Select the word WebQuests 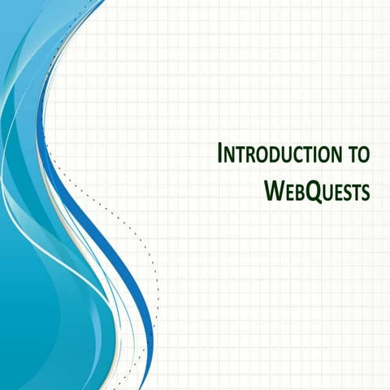tap(317, 190)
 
